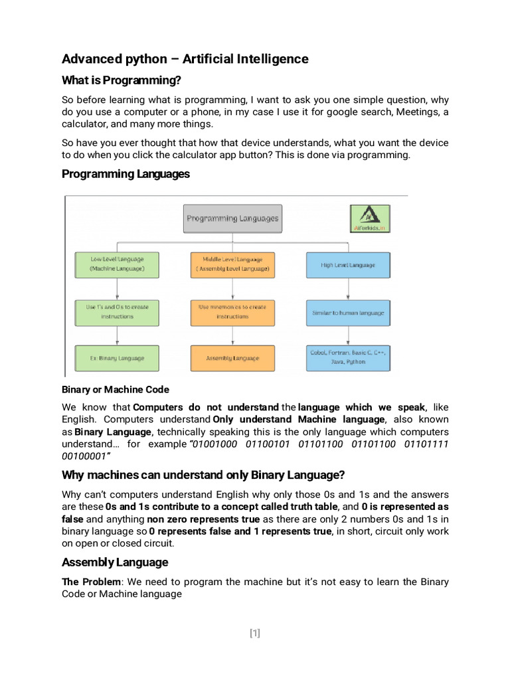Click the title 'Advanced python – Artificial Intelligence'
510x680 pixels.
185,59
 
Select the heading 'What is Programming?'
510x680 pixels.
121,80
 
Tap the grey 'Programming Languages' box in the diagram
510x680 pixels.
232,218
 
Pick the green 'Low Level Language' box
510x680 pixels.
118,264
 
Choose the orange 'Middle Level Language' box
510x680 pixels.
232,264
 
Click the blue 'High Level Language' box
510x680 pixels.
348,264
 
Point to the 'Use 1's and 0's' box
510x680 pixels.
118,311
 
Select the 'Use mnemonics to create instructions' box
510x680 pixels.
232,311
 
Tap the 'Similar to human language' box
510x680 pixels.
348,311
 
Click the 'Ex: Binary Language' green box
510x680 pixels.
118,358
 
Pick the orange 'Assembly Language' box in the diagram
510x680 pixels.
232,358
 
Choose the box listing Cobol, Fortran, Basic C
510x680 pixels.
348,358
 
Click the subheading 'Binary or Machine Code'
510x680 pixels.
116,389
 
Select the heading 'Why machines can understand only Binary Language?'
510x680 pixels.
203,475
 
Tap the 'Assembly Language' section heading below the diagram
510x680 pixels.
115,562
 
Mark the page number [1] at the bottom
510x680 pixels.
255,633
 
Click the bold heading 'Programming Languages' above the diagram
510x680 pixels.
126,174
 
